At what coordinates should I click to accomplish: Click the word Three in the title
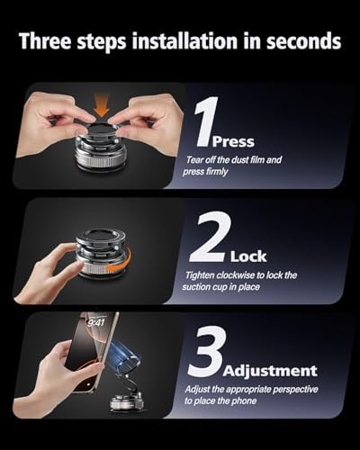tap(51, 41)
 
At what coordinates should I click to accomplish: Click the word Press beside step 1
tap(231, 141)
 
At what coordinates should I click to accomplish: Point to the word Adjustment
tap(270, 370)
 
